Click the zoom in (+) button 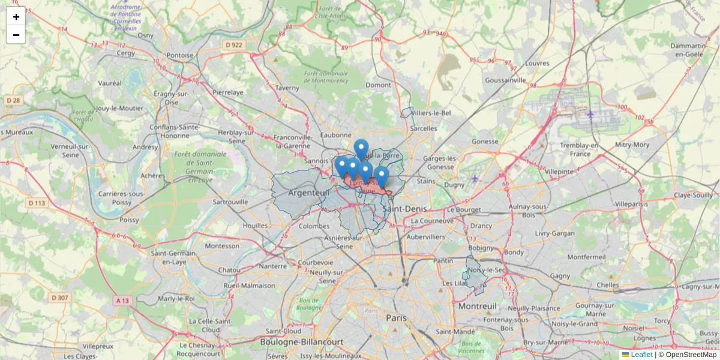[16, 17]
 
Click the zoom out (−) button [16, 35]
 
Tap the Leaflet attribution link [641, 355]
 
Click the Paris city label [396, 317]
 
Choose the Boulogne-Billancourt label [302, 341]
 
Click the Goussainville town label [506, 80]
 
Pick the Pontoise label [180, 55]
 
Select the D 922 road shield [233, 45]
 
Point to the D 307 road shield [59, 298]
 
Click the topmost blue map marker [361, 148]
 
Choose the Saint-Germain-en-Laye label [174, 257]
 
